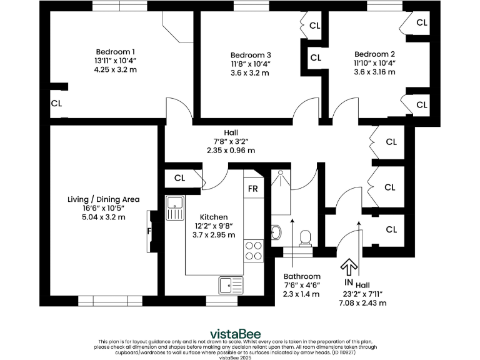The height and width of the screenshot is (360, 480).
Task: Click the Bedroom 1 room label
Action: click(115, 51)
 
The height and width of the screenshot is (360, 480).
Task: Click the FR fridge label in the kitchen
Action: click(253, 189)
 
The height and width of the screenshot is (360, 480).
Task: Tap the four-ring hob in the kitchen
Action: click(254, 250)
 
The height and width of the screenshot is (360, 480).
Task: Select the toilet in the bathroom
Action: click(306, 237)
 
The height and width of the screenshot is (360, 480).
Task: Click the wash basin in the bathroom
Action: click(277, 232)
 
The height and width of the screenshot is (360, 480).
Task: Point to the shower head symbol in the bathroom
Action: click(281, 172)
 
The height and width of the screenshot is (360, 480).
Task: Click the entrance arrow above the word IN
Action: click(347, 267)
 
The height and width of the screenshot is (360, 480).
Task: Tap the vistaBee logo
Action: click(235, 333)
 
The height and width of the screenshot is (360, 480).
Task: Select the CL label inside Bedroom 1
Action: click(56, 103)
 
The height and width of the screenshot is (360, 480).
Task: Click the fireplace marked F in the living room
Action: click(149, 230)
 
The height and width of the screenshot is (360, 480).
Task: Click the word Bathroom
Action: click(302, 276)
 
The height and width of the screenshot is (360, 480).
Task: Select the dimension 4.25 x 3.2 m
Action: click(115, 69)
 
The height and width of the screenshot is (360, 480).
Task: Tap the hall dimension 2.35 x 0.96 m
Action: click(231, 150)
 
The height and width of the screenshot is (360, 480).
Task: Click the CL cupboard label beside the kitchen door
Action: click(180, 178)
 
